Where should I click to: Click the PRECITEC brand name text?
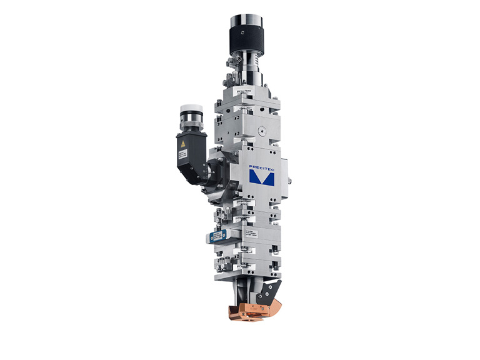coord(261,167)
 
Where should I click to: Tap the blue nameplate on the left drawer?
coord(218,236)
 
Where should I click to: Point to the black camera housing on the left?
coord(190,153)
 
